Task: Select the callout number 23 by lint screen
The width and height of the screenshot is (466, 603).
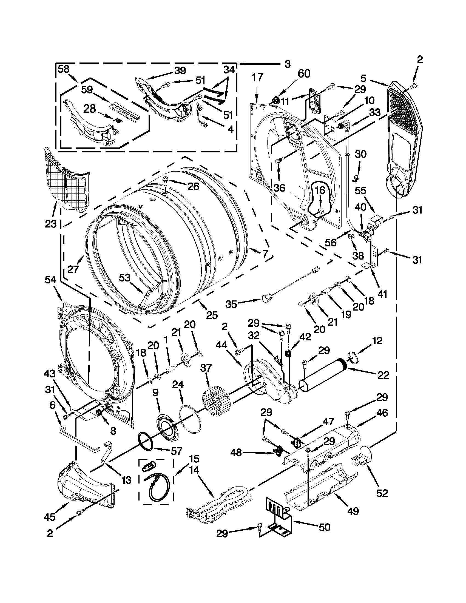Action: (x=50, y=224)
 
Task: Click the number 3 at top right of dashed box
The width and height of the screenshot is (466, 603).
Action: (x=287, y=64)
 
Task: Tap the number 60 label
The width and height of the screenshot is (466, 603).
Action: (x=304, y=74)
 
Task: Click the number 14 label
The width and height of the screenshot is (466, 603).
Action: (x=194, y=470)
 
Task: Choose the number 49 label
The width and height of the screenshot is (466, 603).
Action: (x=353, y=511)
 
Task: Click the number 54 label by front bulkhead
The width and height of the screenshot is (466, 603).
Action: (x=50, y=280)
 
